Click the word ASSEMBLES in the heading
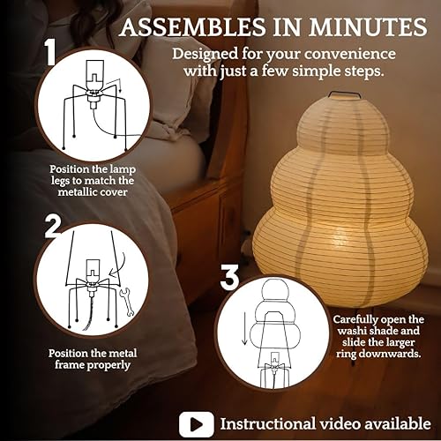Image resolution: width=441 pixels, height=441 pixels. click(193, 27)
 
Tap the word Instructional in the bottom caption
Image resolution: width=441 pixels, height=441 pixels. click(270, 423)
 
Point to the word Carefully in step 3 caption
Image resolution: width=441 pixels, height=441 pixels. click(359, 320)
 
